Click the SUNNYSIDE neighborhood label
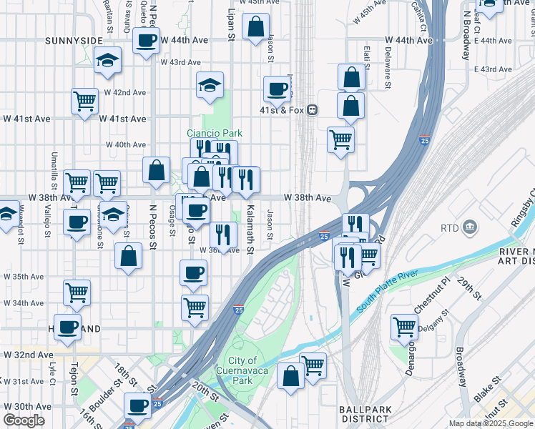point(70,40)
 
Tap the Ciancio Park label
point(215,133)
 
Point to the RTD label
point(450,228)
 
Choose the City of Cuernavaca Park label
point(243,370)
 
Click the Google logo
point(24,420)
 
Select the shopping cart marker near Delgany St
point(404,327)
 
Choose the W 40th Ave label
point(126,144)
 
